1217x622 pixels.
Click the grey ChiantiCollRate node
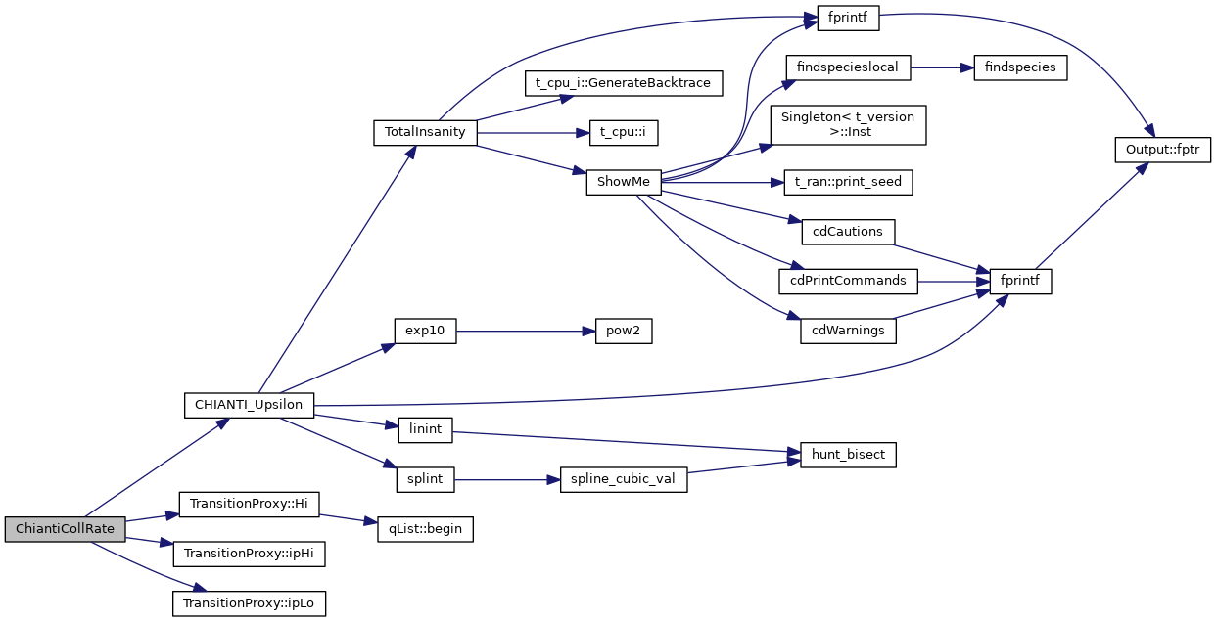point(65,529)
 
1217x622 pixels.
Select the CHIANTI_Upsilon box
point(249,405)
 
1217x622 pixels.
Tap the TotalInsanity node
point(425,133)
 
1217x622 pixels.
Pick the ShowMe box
point(624,182)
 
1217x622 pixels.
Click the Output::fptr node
point(1163,151)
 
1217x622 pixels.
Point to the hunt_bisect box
point(848,455)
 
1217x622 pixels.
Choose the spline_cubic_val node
point(623,480)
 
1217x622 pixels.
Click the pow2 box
point(623,331)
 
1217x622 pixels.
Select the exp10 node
point(425,331)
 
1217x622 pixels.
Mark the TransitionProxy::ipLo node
point(249,603)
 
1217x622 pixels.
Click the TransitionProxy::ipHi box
point(249,554)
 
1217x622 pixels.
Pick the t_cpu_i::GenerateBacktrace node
point(623,83)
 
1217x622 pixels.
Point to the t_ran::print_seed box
point(849,182)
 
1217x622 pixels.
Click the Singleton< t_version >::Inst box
point(848,125)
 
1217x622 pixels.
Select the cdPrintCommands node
point(848,282)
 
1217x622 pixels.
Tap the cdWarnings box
point(848,331)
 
